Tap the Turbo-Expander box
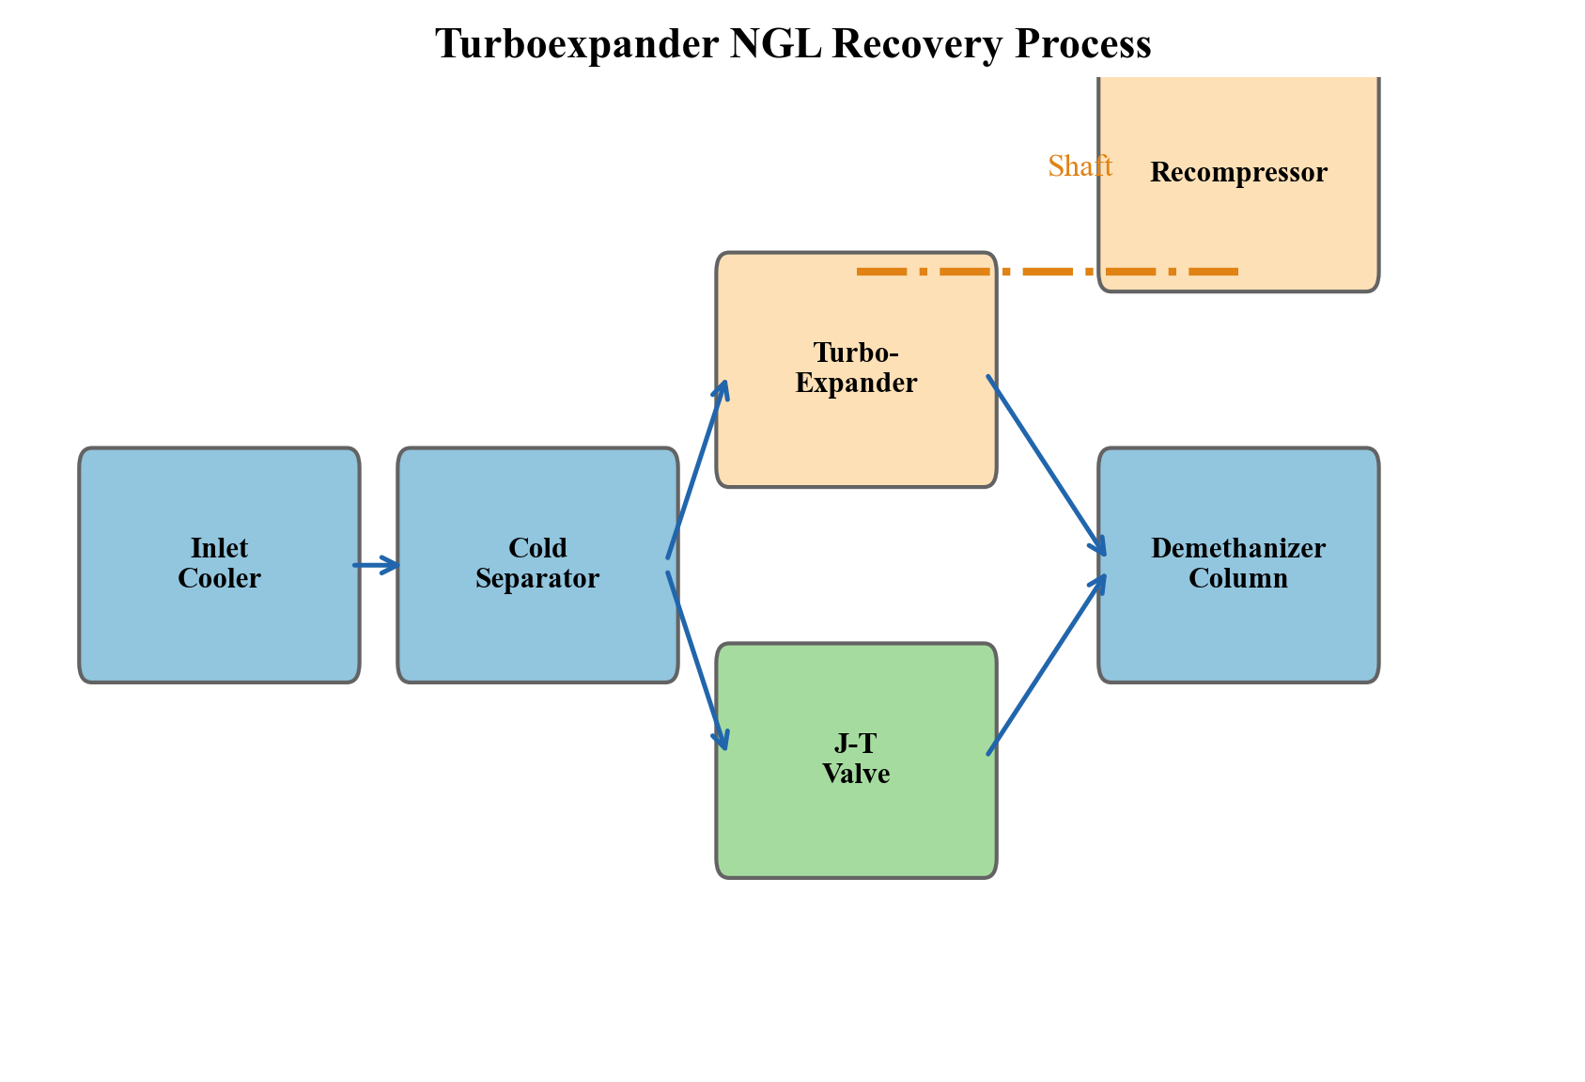[855, 432]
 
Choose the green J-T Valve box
[855, 827]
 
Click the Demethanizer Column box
[1238, 630]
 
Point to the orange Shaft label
[1080, 166]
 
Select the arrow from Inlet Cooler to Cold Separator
[376, 565]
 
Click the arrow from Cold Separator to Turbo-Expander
[696, 470]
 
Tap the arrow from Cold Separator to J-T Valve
[696, 658]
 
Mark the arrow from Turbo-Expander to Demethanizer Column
[1046, 464]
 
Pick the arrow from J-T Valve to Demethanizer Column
[1046, 666]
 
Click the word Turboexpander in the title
[577, 44]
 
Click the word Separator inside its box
[537, 578]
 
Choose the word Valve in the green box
[856, 774]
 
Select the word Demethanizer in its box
[1238, 548]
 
